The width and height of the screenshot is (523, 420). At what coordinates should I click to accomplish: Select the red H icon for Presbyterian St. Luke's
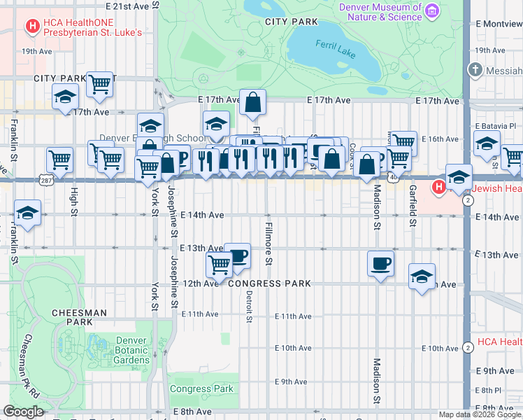pyautogui.click(x=31, y=27)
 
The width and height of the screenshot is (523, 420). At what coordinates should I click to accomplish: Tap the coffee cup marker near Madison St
pyautogui.click(x=380, y=265)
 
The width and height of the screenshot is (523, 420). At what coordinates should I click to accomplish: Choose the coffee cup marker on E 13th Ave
pyautogui.click(x=238, y=255)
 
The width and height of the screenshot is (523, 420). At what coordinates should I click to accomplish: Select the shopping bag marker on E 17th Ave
pyautogui.click(x=252, y=103)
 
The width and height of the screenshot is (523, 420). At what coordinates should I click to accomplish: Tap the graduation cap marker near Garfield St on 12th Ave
pyautogui.click(x=422, y=276)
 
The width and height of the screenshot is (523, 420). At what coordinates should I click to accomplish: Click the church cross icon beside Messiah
pyautogui.click(x=475, y=70)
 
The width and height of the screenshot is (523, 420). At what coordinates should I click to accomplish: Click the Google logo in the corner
pyautogui.click(x=23, y=412)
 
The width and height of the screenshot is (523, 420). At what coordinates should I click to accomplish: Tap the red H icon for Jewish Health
pyautogui.click(x=438, y=187)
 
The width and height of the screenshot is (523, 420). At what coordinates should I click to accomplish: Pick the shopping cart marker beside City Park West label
pyautogui.click(x=100, y=85)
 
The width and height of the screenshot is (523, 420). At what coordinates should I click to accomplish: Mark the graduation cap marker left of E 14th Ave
pyautogui.click(x=27, y=213)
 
